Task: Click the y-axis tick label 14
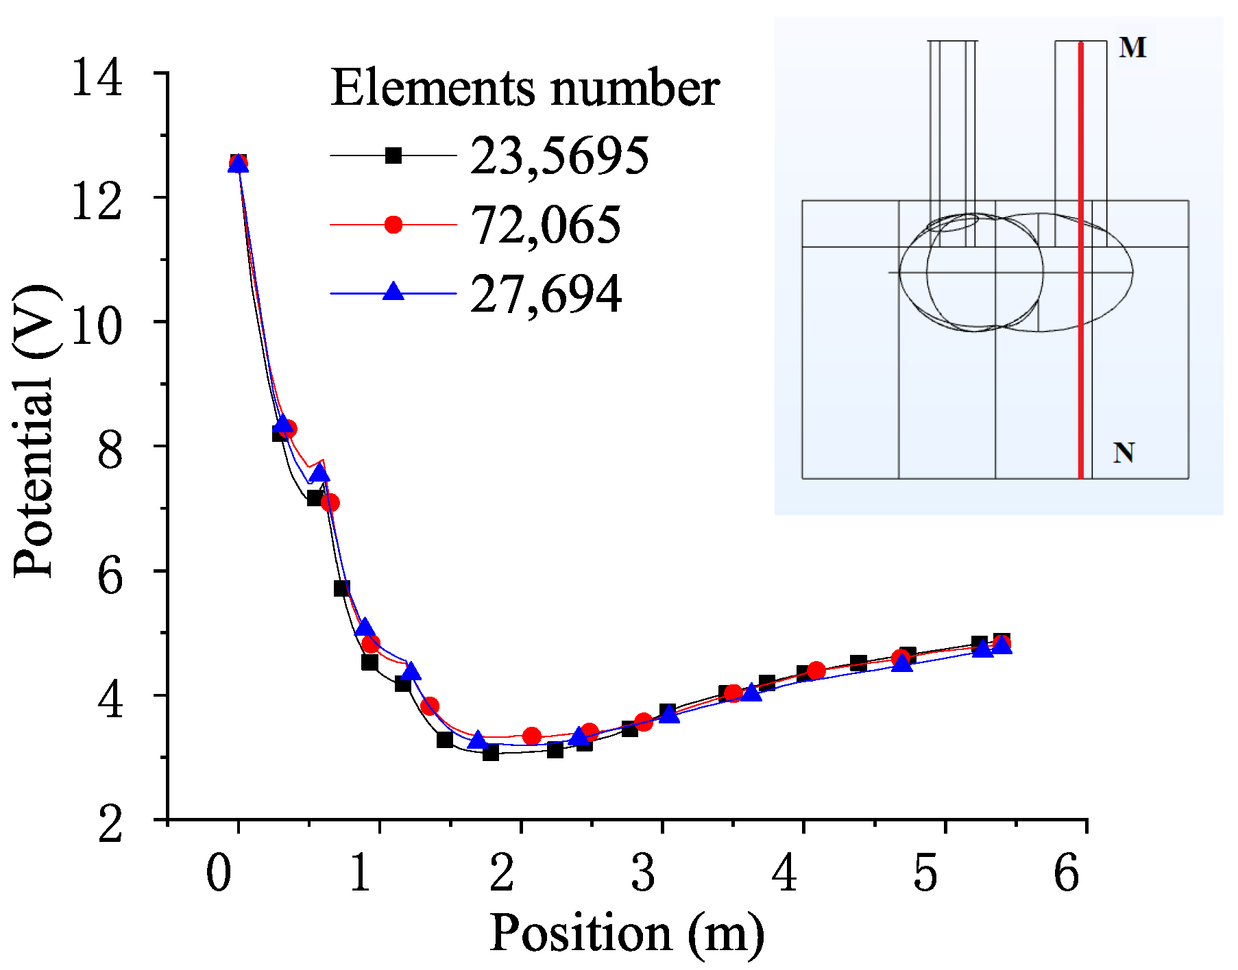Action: tap(97, 77)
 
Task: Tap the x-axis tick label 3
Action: tap(643, 873)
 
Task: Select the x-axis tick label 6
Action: tap(1067, 873)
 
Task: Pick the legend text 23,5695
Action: tap(559, 156)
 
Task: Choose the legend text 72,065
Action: tap(546, 225)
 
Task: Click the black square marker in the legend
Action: tap(393, 156)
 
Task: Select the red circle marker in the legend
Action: tap(393, 225)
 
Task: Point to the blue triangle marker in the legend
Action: tap(393, 293)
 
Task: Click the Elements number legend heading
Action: tap(524, 89)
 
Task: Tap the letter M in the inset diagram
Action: tap(1132, 48)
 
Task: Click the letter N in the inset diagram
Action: tap(1124, 453)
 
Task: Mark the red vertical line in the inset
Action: tap(1081, 274)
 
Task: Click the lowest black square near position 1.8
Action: tap(490, 753)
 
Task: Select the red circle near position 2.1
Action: tap(532, 736)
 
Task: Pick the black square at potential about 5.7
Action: tap(341, 588)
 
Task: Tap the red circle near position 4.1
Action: tap(816, 671)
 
